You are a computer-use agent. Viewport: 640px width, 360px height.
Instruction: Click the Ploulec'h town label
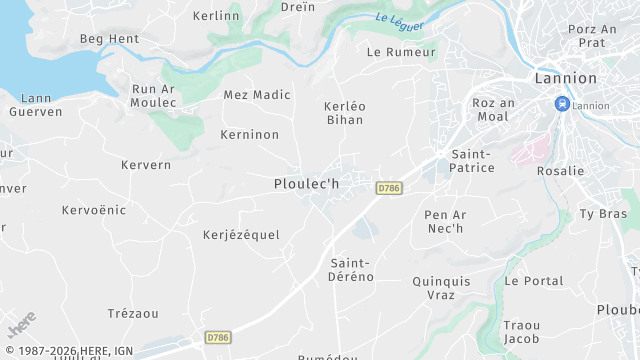(307, 184)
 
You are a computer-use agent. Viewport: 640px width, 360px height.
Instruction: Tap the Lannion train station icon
(562, 103)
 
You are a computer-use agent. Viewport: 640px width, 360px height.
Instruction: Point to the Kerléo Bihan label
(345, 113)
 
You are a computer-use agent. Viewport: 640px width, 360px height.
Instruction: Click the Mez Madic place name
(257, 95)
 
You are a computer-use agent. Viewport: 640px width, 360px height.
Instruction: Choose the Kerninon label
(249, 134)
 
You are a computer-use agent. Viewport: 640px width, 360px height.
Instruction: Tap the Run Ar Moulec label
(154, 96)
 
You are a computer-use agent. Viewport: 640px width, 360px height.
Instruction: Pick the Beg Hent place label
(110, 39)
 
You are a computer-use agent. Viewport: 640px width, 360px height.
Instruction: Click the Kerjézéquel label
(241, 235)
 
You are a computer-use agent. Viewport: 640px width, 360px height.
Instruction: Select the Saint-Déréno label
(351, 270)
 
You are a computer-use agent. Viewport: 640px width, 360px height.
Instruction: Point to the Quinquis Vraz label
(441, 288)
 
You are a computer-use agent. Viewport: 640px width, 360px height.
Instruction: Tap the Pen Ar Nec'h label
(445, 221)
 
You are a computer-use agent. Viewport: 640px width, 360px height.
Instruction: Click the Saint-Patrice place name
(472, 161)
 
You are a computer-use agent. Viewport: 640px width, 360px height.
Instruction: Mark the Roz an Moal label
(493, 109)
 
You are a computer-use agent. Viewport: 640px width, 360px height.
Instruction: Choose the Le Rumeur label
(402, 52)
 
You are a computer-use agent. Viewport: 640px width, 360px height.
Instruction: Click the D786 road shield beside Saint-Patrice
(389, 188)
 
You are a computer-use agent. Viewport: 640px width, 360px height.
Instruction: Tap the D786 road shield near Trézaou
(218, 338)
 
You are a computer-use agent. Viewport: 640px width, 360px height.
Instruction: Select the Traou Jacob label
(522, 332)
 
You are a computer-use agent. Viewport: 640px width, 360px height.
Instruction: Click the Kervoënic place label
(94, 210)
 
